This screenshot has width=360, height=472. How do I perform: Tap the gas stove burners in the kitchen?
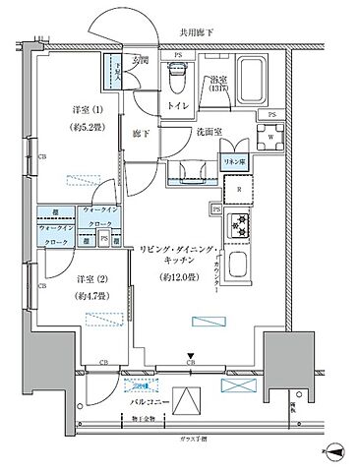(x=239, y=225)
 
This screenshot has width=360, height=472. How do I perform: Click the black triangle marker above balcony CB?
(x=191, y=358)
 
